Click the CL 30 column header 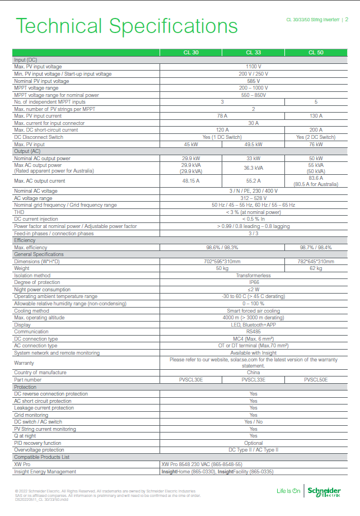191,53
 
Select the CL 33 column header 253,53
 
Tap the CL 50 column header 316,53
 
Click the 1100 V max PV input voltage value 253,67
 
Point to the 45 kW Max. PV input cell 191,144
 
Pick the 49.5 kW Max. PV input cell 253,144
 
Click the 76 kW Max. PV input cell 316,144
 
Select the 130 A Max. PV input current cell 316,116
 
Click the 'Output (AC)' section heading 27,151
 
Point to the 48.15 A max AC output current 191,181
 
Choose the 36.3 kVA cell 253,168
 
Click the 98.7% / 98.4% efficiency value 316,248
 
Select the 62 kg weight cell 316,268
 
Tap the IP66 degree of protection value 253,282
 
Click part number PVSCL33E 253,380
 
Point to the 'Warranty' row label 25,362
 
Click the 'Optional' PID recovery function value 253,443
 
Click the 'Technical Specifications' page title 127,26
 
